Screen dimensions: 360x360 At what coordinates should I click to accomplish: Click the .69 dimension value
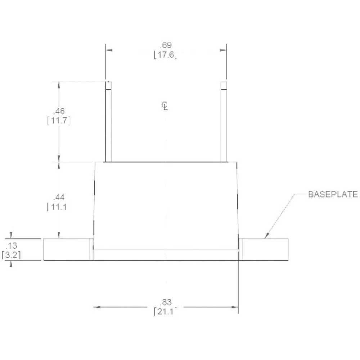[166, 45]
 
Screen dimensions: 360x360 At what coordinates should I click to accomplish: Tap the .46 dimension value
[59, 111]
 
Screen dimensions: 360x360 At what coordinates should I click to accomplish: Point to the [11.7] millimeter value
[59, 121]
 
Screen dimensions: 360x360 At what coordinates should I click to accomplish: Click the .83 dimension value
[166, 301]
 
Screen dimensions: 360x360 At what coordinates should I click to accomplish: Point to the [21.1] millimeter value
[166, 311]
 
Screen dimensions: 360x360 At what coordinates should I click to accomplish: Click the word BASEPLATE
[333, 194]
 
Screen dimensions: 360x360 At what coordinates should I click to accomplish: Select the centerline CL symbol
[165, 106]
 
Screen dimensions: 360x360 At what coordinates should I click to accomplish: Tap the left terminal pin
[108, 122]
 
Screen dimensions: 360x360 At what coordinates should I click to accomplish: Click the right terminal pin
[224, 122]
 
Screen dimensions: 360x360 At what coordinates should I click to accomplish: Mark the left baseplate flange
[67, 249]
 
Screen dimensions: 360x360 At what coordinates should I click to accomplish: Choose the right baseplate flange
[265, 249]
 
